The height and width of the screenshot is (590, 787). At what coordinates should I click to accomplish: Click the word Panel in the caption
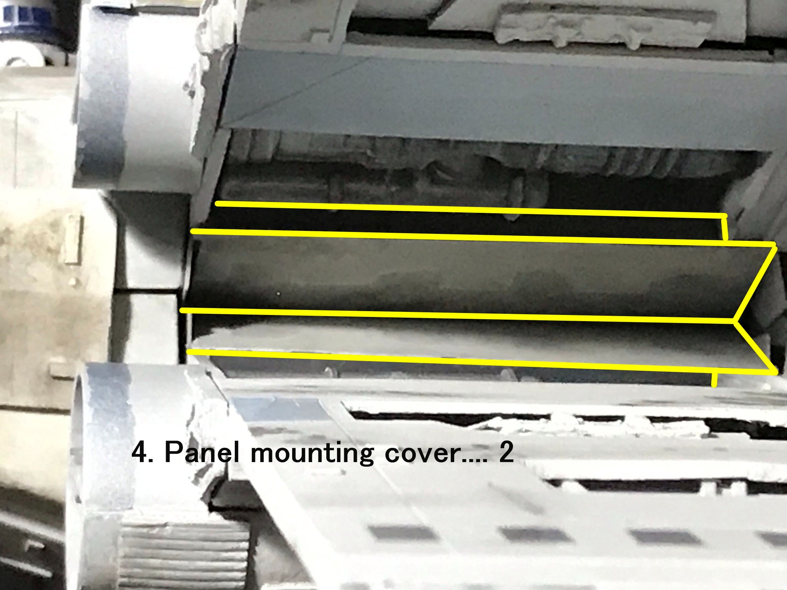click(x=202, y=453)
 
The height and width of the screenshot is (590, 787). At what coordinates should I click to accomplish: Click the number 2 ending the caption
click(x=506, y=453)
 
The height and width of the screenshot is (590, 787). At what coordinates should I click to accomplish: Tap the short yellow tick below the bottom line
click(x=714, y=380)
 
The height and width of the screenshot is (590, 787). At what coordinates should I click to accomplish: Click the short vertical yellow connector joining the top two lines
click(x=725, y=229)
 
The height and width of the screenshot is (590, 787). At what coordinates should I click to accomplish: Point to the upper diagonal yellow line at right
click(x=754, y=284)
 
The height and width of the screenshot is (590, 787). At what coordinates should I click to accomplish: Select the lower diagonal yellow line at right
click(x=755, y=348)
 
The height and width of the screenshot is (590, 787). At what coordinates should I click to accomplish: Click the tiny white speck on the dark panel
click(x=278, y=294)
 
